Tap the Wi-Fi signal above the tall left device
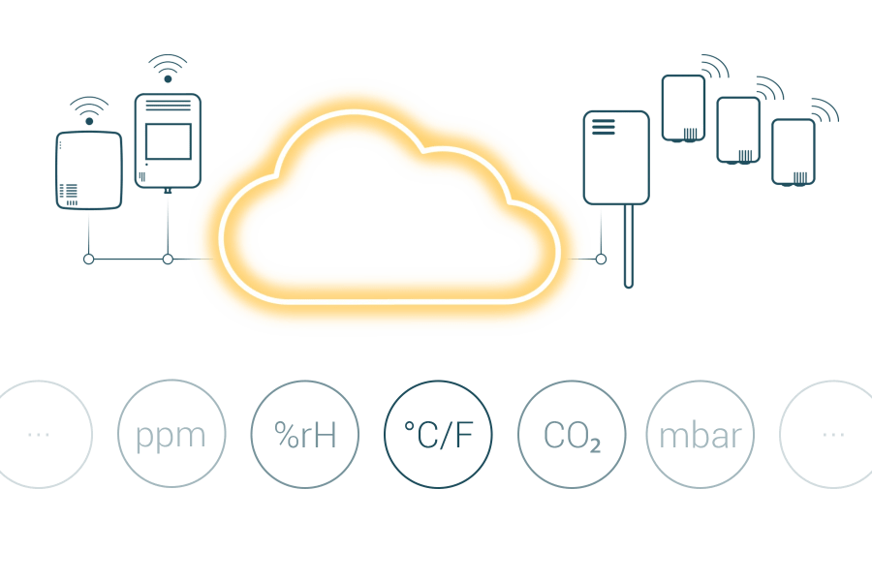pos(168,69)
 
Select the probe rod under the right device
pos(629,246)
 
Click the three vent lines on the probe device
pos(604,127)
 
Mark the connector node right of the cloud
pos(601,260)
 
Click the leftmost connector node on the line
pos(88,260)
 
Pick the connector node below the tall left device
pos(168,260)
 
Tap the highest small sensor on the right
pos(683,107)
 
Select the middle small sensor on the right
pos(738,130)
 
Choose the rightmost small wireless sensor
pos(794,152)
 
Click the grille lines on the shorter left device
pos(69,193)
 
